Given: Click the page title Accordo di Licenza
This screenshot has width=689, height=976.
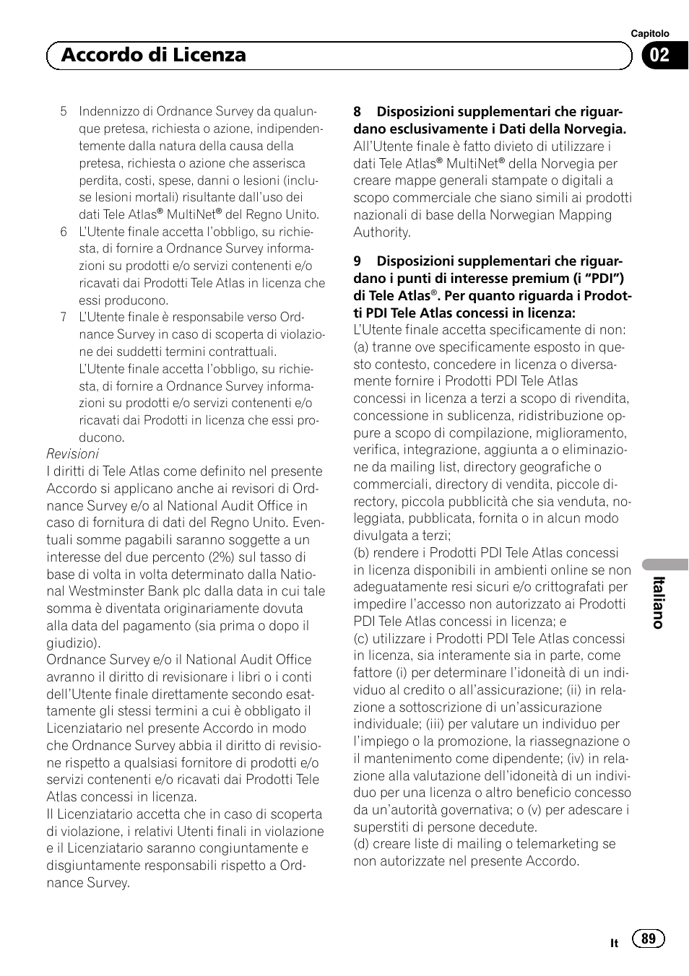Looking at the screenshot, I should (154, 55).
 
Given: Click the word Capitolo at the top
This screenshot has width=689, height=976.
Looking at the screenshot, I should (650, 34).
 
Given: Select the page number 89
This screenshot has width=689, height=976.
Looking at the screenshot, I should (649, 938).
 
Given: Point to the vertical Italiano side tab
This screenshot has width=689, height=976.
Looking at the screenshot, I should (658, 602).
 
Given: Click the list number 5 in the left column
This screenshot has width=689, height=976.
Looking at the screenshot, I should (64, 111).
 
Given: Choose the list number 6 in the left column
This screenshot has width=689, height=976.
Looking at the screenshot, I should (64, 232).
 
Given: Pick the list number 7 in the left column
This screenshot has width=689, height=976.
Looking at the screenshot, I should (64, 317).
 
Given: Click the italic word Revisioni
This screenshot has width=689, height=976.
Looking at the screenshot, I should (72, 454).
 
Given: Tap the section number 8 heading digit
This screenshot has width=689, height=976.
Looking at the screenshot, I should (357, 112).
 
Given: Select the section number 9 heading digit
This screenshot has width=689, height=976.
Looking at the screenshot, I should (357, 261).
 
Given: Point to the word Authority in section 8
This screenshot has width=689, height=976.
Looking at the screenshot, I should (381, 232).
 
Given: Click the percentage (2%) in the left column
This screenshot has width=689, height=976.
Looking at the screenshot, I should (226, 557).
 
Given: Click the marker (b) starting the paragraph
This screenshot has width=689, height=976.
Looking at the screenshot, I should (361, 553).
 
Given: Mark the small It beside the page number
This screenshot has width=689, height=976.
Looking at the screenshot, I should (614, 943).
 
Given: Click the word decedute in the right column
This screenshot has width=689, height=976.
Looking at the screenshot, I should (510, 827).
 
